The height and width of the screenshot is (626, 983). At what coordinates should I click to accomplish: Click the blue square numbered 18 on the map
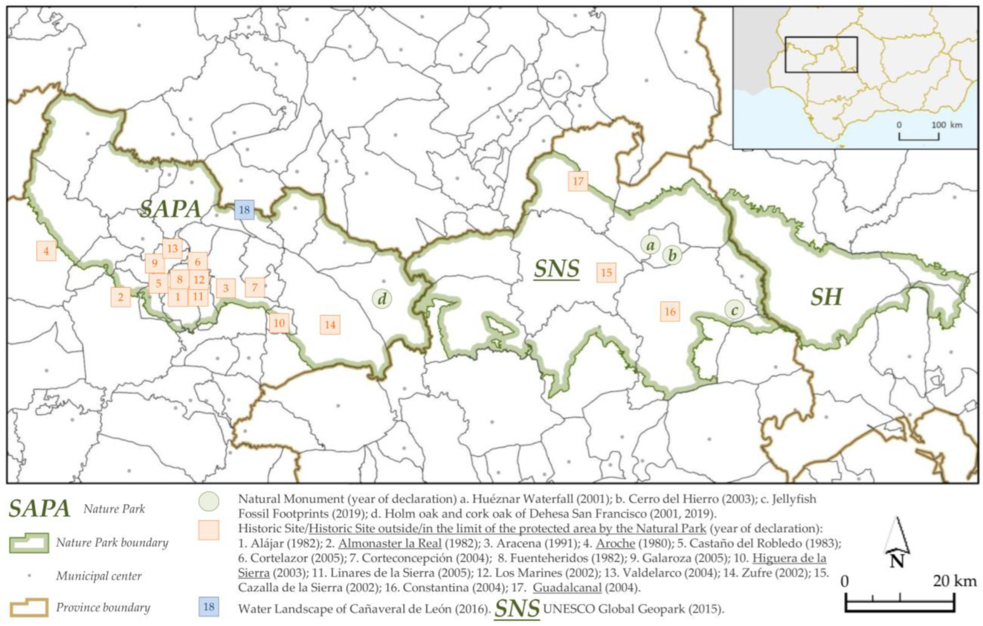[244, 210]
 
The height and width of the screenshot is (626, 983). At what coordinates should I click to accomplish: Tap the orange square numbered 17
[578, 181]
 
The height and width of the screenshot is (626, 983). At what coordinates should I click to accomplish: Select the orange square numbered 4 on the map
[46, 251]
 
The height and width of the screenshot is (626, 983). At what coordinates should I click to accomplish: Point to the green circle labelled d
[382, 299]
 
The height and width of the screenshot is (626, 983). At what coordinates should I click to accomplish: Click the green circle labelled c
[734, 309]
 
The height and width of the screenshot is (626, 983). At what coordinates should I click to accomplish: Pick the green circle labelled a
[650, 245]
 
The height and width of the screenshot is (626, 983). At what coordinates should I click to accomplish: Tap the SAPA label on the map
[171, 208]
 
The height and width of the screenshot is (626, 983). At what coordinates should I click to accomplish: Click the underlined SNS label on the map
[556, 269]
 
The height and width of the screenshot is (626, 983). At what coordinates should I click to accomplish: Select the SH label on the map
[826, 297]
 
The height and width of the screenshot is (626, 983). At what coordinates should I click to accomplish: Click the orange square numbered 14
[330, 325]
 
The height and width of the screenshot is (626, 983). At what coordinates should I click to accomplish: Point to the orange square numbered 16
[670, 311]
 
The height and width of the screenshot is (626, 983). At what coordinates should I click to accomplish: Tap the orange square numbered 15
[606, 273]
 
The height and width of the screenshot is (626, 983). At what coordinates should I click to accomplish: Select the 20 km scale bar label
[954, 581]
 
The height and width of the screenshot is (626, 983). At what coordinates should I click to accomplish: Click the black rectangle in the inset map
[821, 55]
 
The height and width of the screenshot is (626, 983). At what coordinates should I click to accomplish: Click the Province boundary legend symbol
[29, 608]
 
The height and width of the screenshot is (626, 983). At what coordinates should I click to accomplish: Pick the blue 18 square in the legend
[208, 607]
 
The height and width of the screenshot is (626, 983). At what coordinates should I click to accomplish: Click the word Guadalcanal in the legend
[567, 588]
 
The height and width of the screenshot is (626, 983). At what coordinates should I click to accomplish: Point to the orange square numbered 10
[279, 323]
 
